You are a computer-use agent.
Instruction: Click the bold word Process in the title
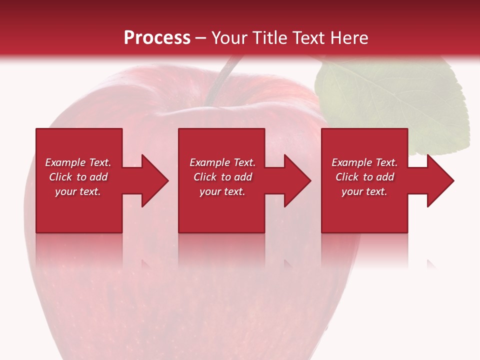click(x=157, y=38)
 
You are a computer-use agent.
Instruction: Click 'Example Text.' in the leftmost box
click(x=78, y=162)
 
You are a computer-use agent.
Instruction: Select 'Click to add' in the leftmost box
click(x=78, y=177)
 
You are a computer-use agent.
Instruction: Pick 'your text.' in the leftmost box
click(x=78, y=191)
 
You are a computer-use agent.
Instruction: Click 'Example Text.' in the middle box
click(x=222, y=162)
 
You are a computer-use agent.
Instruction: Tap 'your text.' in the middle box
click(x=222, y=191)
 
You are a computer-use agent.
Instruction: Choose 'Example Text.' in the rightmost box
click(x=364, y=162)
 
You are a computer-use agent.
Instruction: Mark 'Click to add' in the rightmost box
click(x=364, y=177)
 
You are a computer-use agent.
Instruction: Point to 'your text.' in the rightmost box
click(x=364, y=191)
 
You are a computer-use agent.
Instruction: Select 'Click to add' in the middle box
click(x=222, y=177)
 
